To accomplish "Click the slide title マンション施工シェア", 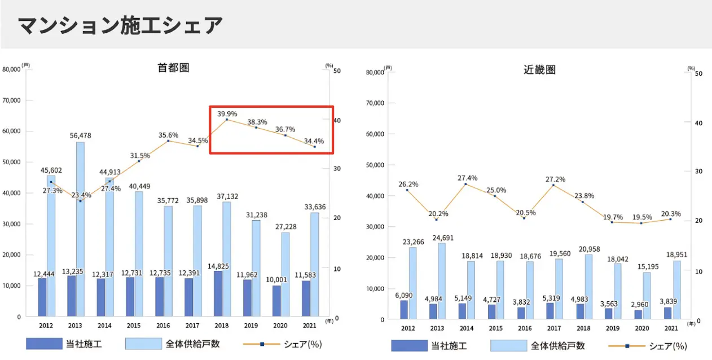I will pyautogui.click(x=120, y=25).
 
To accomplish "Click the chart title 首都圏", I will pyautogui.click(x=173, y=68).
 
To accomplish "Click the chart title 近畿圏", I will pyautogui.click(x=539, y=70).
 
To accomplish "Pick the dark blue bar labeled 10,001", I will pyautogui.click(x=276, y=301).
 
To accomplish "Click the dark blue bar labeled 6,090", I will pyautogui.click(x=403, y=310).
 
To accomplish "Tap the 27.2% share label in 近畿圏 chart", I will pyautogui.click(x=555, y=179).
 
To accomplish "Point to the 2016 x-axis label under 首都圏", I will pyautogui.click(x=164, y=326).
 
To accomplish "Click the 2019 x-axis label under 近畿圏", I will pyautogui.click(x=612, y=328).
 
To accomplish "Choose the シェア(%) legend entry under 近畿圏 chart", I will pyautogui.click(x=648, y=346).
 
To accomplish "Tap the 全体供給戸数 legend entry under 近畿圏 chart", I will pyautogui.click(x=538, y=346).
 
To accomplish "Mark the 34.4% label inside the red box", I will pyautogui.click(x=313, y=142).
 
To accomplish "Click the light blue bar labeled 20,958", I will pyautogui.click(x=588, y=287).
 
